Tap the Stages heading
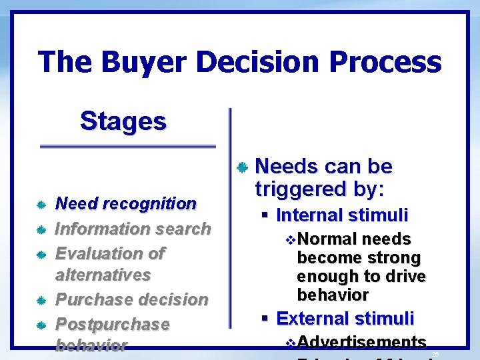click(x=123, y=121)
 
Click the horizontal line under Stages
click(x=128, y=145)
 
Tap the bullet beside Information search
click(x=41, y=230)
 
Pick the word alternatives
click(x=103, y=275)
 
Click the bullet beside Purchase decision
click(x=41, y=301)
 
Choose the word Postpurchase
click(x=112, y=324)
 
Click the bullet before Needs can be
click(x=243, y=167)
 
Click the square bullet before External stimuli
click(x=265, y=319)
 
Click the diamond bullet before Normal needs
click(x=289, y=239)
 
